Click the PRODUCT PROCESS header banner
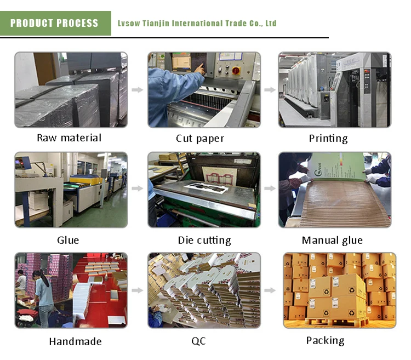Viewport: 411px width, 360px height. click(55, 24)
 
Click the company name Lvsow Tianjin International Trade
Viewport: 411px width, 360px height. click(197, 24)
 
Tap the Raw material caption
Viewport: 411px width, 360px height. click(69, 138)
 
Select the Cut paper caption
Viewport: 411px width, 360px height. click(200, 139)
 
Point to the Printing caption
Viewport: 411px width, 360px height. click(328, 138)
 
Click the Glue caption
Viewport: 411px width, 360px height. click(68, 240)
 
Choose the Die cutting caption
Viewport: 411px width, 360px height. click(204, 241)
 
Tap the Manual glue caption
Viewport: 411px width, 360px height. click(332, 241)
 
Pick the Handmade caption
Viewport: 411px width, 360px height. click(75, 341)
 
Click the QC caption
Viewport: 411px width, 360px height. click(198, 341)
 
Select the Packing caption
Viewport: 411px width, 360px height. click(325, 340)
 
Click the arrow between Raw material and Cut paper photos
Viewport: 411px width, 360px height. click(138, 89)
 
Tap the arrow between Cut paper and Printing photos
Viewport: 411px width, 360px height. click(269, 89)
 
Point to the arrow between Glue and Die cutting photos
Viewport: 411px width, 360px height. click(138, 189)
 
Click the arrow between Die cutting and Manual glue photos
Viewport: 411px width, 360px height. click(269, 189)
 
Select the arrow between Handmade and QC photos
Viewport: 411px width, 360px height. click(138, 290)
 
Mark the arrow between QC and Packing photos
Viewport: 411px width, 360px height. click(269, 290)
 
